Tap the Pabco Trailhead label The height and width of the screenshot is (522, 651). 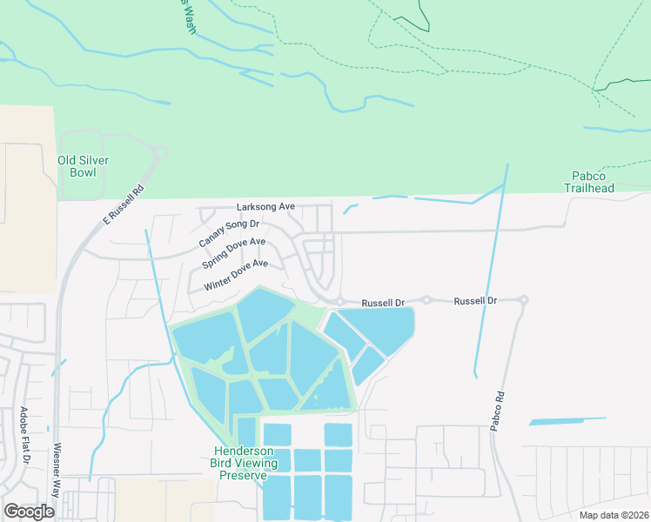(594, 182)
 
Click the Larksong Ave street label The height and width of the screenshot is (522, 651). (266, 207)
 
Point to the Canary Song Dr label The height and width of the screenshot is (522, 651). (223, 234)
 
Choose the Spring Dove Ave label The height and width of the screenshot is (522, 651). (233, 253)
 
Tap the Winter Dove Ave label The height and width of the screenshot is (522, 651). (236, 275)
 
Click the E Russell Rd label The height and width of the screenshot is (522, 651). (123, 206)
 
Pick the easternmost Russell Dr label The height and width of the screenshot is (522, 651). (475, 300)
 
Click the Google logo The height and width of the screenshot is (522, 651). (30, 511)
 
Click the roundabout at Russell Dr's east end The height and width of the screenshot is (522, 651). (523, 300)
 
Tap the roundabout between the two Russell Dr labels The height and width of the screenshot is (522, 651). (426, 300)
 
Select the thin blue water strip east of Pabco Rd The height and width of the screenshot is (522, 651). (567, 421)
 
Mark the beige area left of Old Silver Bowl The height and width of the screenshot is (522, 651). (26, 200)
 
